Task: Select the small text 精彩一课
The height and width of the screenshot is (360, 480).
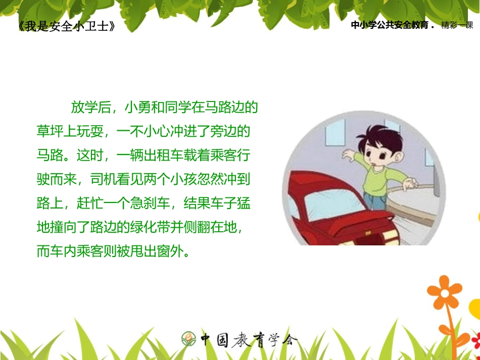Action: (457, 26)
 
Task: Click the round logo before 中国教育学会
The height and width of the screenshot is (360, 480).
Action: (188, 339)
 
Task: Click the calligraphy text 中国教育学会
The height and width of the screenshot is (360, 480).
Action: (248, 339)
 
